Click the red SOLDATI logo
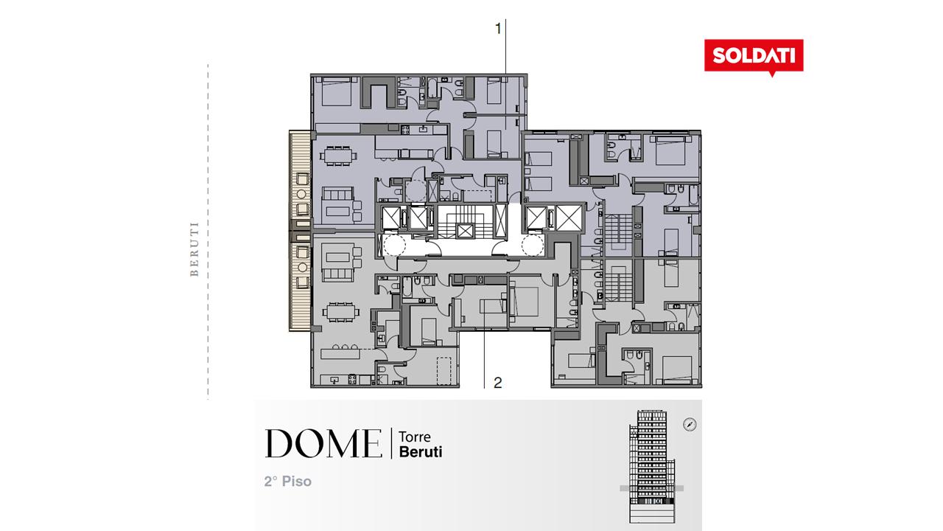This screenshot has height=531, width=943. tap(754, 56)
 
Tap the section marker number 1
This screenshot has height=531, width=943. tap(499, 29)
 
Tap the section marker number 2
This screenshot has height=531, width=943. tap(497, 383)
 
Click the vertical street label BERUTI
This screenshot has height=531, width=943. tap(194, 249)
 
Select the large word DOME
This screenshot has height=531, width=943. tap(323, 443)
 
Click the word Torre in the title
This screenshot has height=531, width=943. tap(415, 437)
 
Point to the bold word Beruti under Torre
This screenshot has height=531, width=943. tap(421, 452)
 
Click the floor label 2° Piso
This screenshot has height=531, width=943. tap(288, 482)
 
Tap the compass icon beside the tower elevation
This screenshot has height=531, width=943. tap(690, 424)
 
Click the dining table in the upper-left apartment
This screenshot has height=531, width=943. tap(338, 156)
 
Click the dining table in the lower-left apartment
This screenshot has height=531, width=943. tap(341, 312)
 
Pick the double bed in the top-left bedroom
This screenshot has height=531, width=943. tap(337, 91)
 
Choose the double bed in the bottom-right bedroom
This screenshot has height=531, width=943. tap(677, 369)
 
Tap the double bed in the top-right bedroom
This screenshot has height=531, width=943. tap(670, 150)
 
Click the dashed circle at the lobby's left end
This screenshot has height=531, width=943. tap(394, 246)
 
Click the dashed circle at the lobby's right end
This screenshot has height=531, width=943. tap(533, 246)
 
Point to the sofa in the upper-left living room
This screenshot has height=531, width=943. tap(337, 194)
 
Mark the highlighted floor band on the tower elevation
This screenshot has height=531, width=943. tap(652, 488)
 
